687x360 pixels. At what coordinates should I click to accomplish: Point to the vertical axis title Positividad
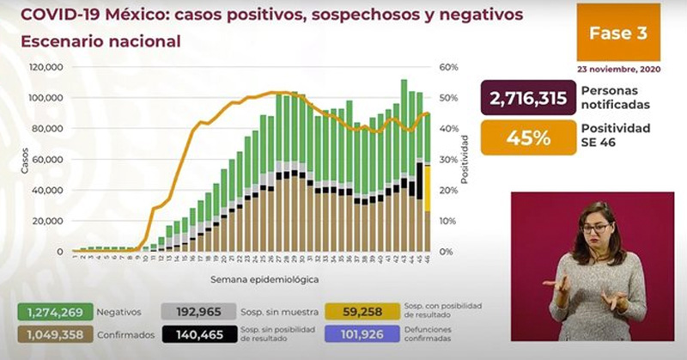[x=465, y=159]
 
